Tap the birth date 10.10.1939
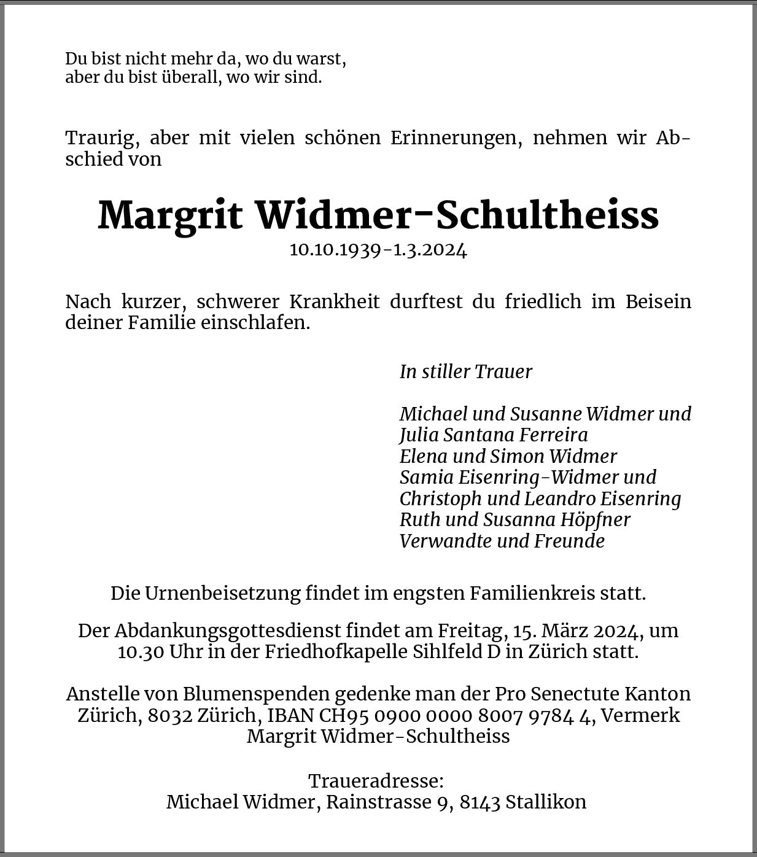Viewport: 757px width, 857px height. click(x=335, y=250)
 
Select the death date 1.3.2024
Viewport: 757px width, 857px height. click(x=430, y=250)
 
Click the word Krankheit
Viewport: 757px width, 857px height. click(x=335, y=301)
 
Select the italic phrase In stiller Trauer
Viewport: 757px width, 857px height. click(x=465, y=371)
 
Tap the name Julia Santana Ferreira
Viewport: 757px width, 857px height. click(x=494, y=435)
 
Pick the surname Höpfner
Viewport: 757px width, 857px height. click(x=595, y=519)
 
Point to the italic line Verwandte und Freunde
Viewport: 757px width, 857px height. click(x=502, y=541)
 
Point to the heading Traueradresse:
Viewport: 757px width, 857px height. click(x=376, y=781)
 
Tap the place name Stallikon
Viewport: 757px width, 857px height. click(x=546, y=802)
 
